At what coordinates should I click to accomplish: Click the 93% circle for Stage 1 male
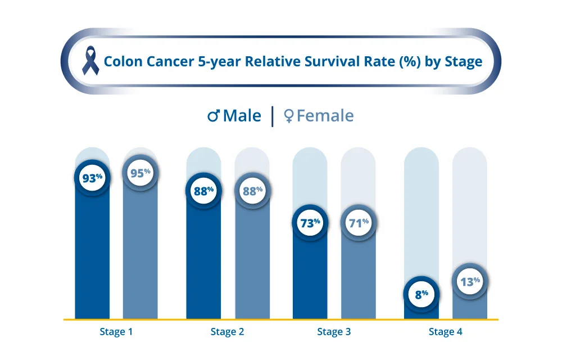click(92, 178)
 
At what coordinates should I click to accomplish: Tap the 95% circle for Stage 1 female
click(140, 173)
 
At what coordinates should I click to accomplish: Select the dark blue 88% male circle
click(203, 191)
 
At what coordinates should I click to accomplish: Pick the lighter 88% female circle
click(252, 191)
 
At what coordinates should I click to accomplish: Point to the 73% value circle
click(309, 223)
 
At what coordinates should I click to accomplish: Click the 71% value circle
click(358, 223)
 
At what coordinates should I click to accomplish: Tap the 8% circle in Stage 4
click(422, 294)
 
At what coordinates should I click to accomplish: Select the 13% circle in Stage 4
click(470, 281)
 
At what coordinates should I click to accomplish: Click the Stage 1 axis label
click(116, 332)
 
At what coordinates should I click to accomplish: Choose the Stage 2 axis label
click(227, 332)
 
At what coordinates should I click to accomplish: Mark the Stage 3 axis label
click(334, 332)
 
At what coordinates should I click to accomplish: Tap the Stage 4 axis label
click(446, 332)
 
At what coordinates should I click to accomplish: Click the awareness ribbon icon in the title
click(89, 61)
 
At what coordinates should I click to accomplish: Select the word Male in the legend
click(242, 116)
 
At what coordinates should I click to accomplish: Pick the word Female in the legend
click(325, 116)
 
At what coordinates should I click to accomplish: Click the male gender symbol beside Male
click(214, 116)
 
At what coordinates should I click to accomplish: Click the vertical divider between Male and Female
click(273, 116)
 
